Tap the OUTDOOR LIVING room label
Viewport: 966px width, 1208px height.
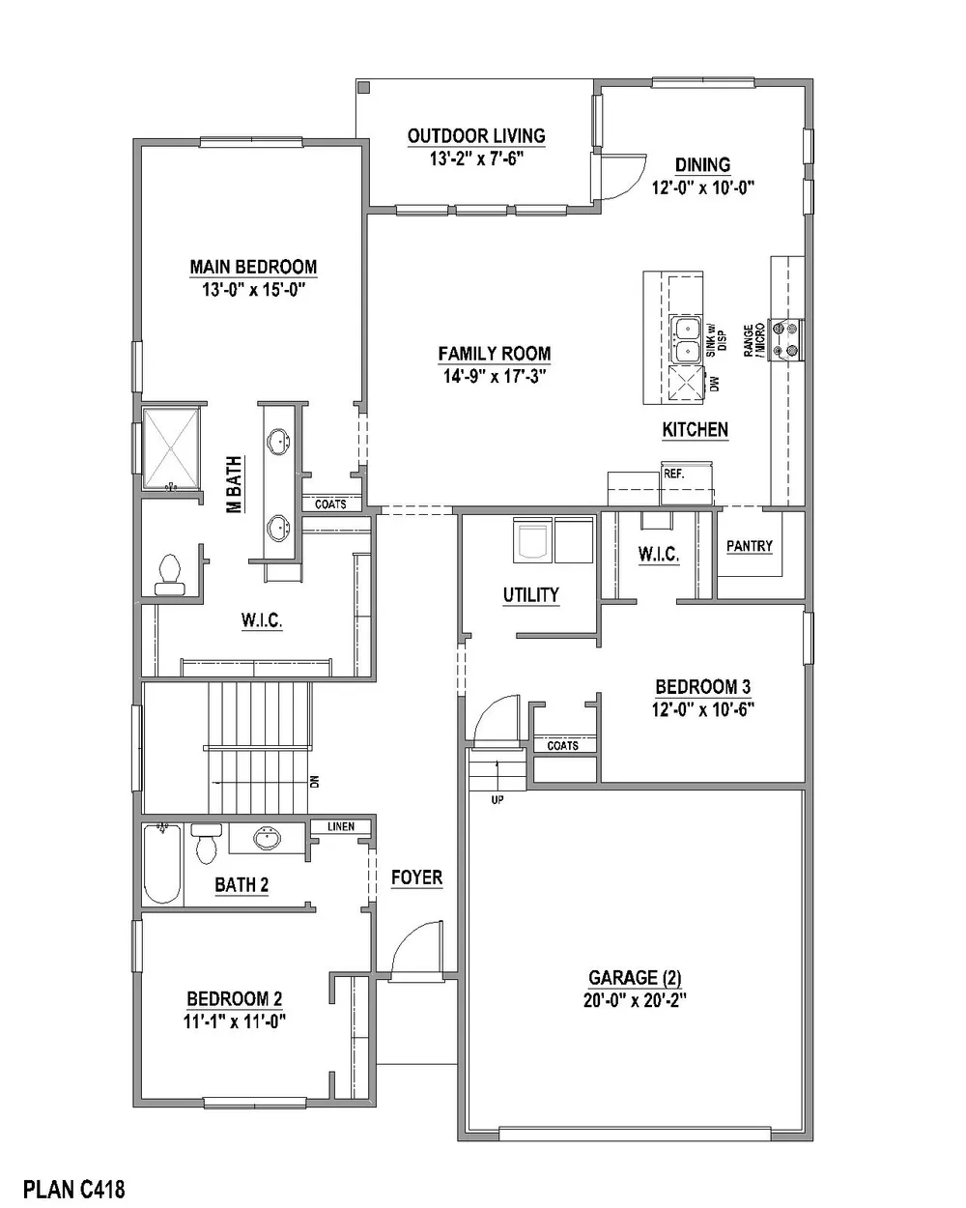[476, 136]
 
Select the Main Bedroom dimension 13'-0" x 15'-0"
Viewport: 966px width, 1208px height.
[253, 290]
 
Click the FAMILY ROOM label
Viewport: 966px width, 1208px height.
[494, 354]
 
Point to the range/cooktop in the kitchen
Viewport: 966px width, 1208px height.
[786, 339]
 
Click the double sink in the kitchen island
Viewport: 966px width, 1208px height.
[686, 339]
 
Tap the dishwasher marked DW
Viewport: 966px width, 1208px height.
[686, 385]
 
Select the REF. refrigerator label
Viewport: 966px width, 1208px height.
[673, 474]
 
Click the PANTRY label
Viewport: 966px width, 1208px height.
[750, 546]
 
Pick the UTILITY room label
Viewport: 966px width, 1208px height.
[530, 595]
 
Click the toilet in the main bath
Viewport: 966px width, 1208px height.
[169, 574]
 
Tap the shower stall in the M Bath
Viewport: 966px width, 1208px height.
[171, 449]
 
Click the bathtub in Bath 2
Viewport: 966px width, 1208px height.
[162, 864]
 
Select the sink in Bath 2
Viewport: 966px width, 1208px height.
[268, 839]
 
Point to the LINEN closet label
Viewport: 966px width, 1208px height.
[341, 826]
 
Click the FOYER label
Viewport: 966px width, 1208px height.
[416, 877]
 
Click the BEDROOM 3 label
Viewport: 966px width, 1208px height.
[702, 686]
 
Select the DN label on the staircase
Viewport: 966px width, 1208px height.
[314, 781]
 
